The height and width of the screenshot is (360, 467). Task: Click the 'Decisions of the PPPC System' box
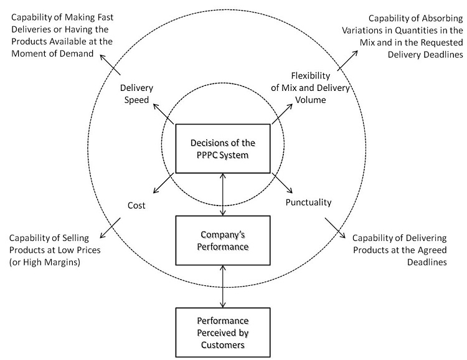click(223, 148)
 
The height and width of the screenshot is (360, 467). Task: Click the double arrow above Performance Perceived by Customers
click(223, 287)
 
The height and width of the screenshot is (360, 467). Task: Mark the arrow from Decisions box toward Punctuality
click(283, 184)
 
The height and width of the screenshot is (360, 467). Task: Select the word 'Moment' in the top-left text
click(26, 55)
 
